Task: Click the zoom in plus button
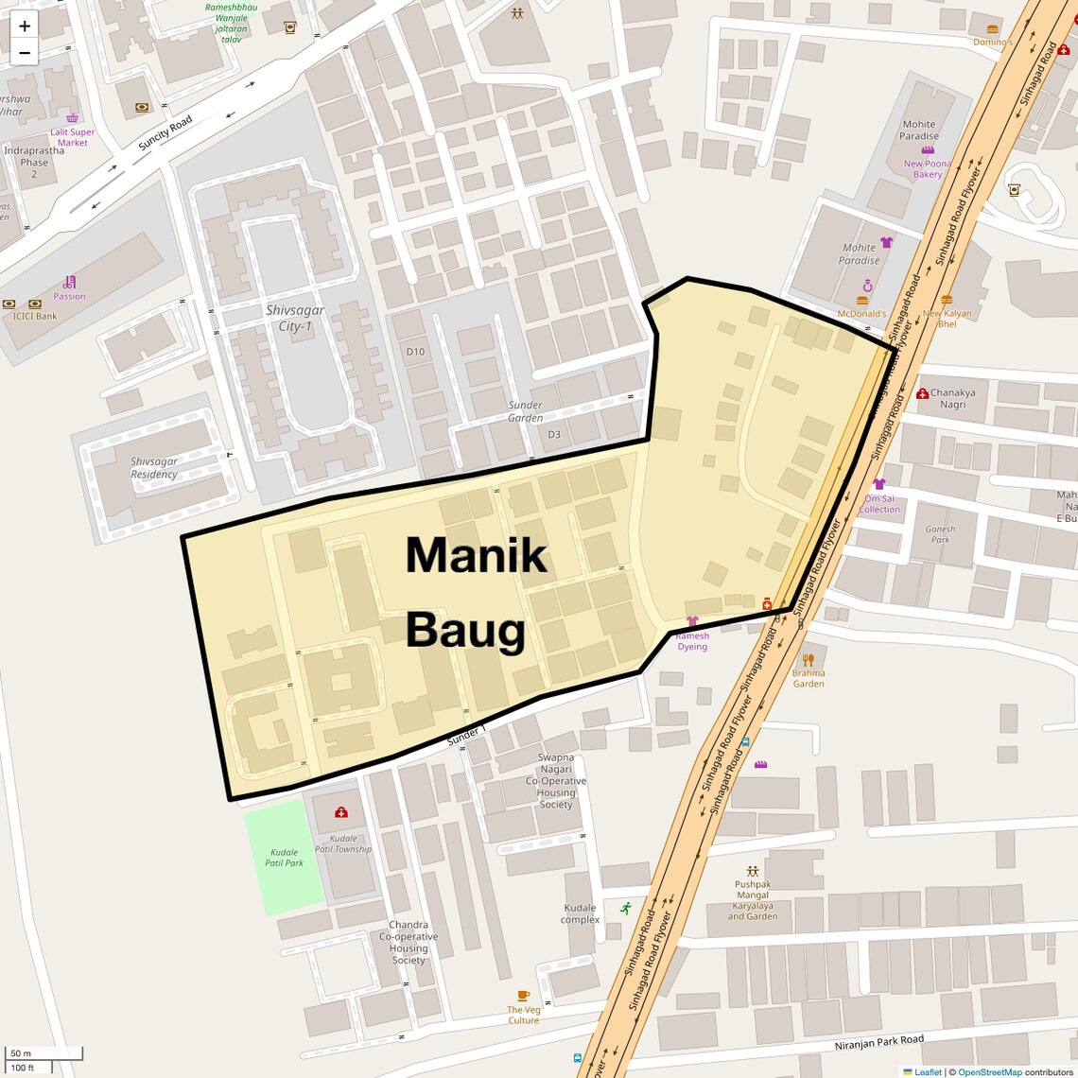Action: (25, 26)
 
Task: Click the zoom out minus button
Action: (25, 53)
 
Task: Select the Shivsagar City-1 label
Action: (294, 319)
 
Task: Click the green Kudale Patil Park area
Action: (284, 857)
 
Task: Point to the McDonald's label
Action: (861, 314)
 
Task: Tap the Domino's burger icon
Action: (992, 29)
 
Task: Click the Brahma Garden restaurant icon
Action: (808, 659)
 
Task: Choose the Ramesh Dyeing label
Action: (692, 641)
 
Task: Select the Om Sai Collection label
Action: (879, 504)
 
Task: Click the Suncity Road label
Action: (165, 133)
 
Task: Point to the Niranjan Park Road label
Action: (878, 1044)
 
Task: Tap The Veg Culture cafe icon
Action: (523, 996)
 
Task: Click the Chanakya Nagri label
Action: (952, 398)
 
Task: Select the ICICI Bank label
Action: (35, 317)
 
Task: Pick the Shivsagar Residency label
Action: (154, 468)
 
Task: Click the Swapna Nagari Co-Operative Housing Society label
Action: (556, 781)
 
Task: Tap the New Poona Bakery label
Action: (927, 168)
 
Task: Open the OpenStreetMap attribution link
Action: (989, 1072)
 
